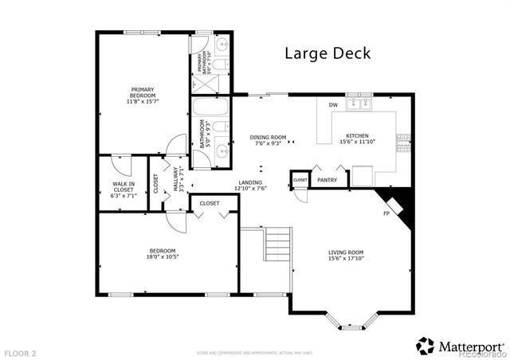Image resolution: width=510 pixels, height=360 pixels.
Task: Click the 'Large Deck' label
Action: click(328, 53)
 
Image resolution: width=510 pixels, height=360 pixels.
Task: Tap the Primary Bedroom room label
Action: click(143, 92)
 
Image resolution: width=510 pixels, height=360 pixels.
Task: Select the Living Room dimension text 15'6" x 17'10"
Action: click(346, 259)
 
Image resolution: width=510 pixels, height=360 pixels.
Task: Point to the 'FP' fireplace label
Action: click(386, 213)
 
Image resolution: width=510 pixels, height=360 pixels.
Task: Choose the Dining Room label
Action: click(268, 136)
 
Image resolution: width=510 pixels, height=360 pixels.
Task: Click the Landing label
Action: click(249, 182)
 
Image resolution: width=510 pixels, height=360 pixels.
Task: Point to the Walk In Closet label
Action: click(123, 186)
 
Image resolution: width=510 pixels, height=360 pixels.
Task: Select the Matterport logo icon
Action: click(426, 345)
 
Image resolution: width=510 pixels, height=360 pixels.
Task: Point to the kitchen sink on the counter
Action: click(367, 104)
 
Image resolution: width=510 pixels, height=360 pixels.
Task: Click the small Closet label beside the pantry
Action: click(300, 181)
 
